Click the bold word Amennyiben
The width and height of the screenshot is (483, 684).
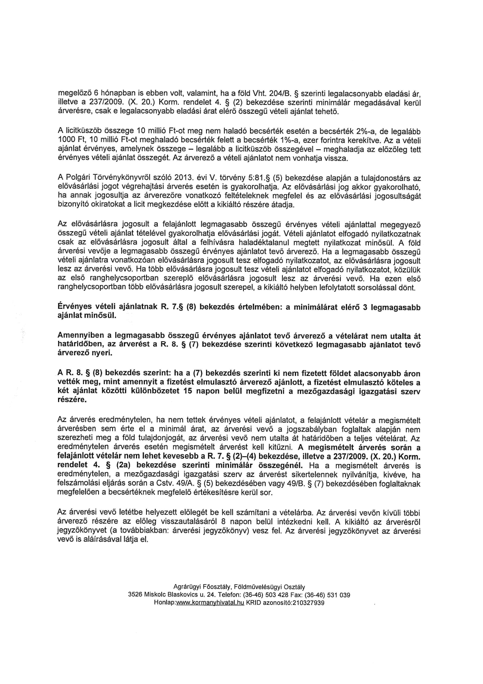pos(79,336)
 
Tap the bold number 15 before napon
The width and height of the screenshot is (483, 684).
pos(187,392)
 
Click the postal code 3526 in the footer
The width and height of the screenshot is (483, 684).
pos(135,595)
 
